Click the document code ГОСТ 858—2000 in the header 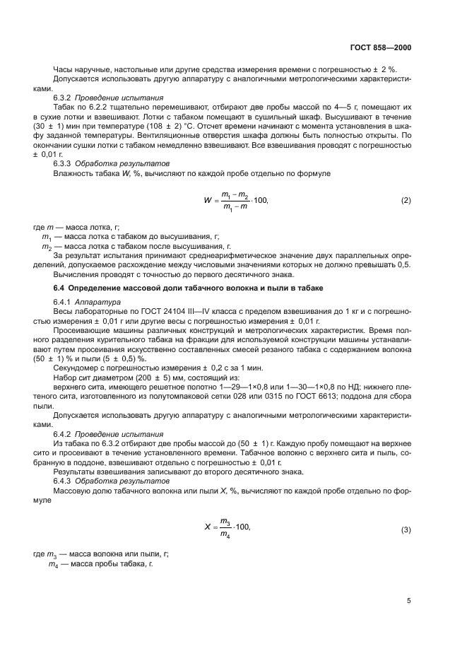[x=381, y=48]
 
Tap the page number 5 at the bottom [x=408, y=601]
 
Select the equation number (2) [x=406, y=201]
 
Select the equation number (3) [x=406, y=530]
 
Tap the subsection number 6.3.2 [x=64, y=98]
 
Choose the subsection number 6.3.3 [x=64, y=163]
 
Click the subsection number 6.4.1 [x=64, y=301]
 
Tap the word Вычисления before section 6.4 [x=76, y=274]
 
